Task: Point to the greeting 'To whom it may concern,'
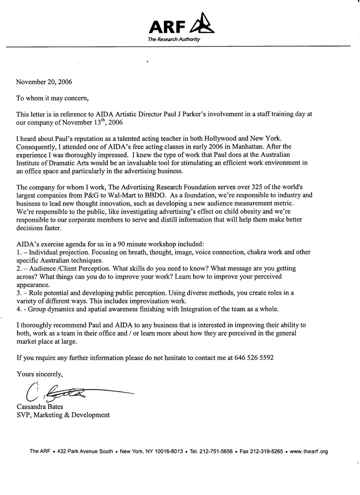pyautogui.click(x=54, y=98)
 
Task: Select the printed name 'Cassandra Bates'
pyautogui.click(x=41, y=407)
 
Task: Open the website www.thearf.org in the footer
pyautogui.click(x=309, y=451)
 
